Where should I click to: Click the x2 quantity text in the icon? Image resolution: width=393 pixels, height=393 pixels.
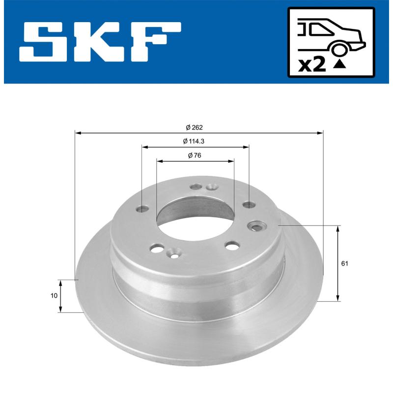point(312,65)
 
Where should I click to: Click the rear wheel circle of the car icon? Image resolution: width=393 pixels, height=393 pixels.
point(338,49)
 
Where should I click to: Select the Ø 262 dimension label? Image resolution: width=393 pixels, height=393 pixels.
point(195,127)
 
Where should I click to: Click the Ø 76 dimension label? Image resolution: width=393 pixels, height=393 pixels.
point(195,155)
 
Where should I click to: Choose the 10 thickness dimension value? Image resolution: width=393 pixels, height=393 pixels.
point(54,296)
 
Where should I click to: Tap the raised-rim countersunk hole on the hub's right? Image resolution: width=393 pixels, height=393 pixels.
point(256,226)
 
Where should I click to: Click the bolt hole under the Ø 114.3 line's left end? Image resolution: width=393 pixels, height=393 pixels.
point(143,209)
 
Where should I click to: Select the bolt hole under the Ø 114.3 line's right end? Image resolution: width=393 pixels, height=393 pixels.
point(248,204)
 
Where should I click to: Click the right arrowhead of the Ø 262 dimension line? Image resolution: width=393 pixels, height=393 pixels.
point(321,133)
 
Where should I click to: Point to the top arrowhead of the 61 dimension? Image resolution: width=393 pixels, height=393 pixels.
point(338,229)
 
